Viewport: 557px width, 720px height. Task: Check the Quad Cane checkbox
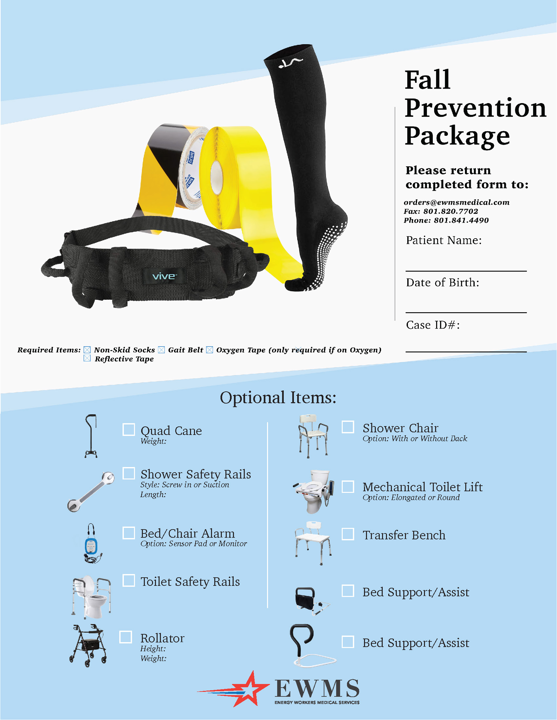[129, 430]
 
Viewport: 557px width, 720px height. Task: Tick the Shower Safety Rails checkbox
[129, 473]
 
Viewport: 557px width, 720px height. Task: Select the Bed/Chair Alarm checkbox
[129, 533]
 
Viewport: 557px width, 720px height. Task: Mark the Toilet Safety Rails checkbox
[129, 581]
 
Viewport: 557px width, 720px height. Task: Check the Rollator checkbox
[126, 637]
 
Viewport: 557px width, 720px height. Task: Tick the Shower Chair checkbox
[348, 426]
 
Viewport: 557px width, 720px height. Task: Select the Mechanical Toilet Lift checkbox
[348, 487]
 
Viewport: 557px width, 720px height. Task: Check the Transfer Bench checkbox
[348, 534]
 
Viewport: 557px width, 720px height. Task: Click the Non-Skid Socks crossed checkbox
[87, 350]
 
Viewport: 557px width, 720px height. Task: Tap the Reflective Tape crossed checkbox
[87, 358]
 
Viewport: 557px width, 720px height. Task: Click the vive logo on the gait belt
[164, 276]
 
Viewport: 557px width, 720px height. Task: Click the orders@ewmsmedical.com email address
[457, 202]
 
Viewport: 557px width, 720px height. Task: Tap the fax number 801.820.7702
[451, 211]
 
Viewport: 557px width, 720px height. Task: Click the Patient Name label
[444, 240]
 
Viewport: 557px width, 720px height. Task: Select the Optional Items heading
[278, 398]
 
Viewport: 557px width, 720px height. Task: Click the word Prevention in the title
[475, 108]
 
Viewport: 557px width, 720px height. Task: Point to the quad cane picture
[91, 436]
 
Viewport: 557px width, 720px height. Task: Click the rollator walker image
[88, 645]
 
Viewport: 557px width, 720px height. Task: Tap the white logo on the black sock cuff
[290, 63]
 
